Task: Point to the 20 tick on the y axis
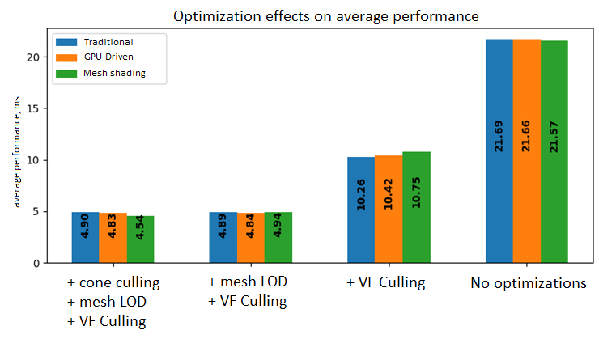tap(35, 57)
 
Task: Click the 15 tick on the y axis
tap(35, 108)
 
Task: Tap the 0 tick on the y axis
tap(38, 263)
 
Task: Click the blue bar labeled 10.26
tap(361, 210)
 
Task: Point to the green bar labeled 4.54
tap(140, 239)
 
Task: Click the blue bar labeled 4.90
tap(85, 238)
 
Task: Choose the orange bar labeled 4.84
tap(251, 238)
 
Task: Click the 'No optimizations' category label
tap(529, 284)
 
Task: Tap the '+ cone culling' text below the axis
tap(113, 282)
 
